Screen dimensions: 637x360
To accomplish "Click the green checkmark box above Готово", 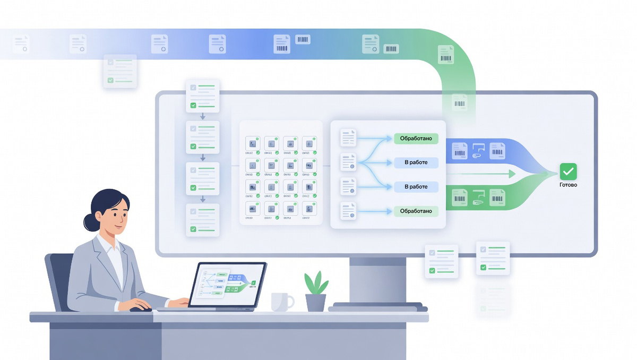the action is [x=568, y=172].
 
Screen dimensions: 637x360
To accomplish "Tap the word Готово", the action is [x=568, y=185].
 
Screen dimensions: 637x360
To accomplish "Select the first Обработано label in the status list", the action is [x=416, y=139].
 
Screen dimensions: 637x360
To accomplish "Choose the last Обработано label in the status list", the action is [x=416, y=211].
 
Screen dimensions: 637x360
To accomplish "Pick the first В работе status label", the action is [x=416, y=162].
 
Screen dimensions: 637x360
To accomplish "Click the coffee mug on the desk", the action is [x=281, y=302].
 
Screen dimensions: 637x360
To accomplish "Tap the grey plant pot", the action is [x=316, y=303].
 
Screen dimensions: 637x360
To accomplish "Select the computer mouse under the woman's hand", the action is [x=140, y=308].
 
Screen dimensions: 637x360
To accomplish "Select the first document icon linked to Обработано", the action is [x=348, y=138].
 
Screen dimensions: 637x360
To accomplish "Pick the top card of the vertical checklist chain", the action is [x=202, y=96].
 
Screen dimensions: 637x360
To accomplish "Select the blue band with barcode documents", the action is [x=478, y=151].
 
